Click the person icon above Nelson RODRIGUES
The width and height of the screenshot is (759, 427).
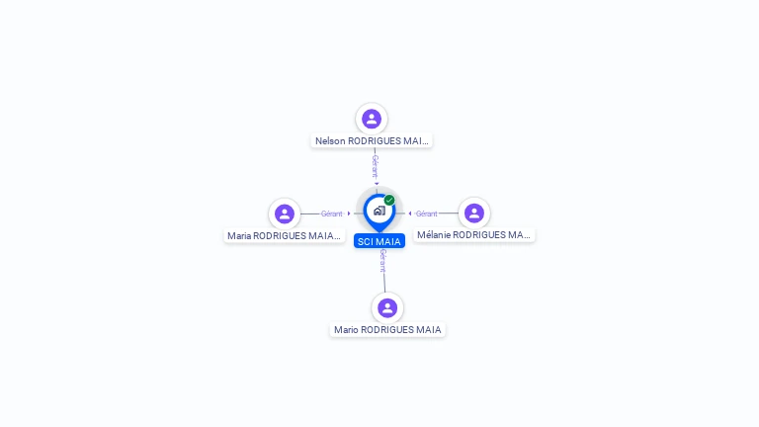[372, 119]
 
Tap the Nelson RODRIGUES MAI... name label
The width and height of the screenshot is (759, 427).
[372, 141]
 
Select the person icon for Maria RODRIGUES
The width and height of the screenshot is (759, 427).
[285, 213]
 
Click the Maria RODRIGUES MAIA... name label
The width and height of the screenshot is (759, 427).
[285, 236]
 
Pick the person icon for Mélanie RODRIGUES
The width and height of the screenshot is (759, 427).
[474, 213]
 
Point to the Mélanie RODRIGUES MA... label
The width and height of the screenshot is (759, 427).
[474, 235]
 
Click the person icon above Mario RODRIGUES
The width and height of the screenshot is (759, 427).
[387, 308]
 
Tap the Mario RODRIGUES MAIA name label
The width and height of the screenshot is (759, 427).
[387, 330]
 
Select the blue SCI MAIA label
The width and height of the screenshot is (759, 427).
[379, 241]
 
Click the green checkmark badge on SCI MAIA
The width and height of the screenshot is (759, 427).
[389, 200]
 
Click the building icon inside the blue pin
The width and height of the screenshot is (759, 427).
[379, 211]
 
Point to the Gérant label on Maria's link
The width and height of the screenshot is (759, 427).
[332, 213]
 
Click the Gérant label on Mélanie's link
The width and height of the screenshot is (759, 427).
[427, 213]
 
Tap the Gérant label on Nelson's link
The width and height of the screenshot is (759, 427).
[375, 166]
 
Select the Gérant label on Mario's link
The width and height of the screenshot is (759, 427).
[382, 261]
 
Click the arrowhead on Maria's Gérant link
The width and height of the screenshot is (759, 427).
[349, 213]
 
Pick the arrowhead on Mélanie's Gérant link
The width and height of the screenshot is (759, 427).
[410, 213]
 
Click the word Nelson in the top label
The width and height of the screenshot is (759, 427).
[330, 141]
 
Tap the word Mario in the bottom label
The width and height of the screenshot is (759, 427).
[346, 330]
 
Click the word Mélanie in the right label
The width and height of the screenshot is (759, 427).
[433, 235]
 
